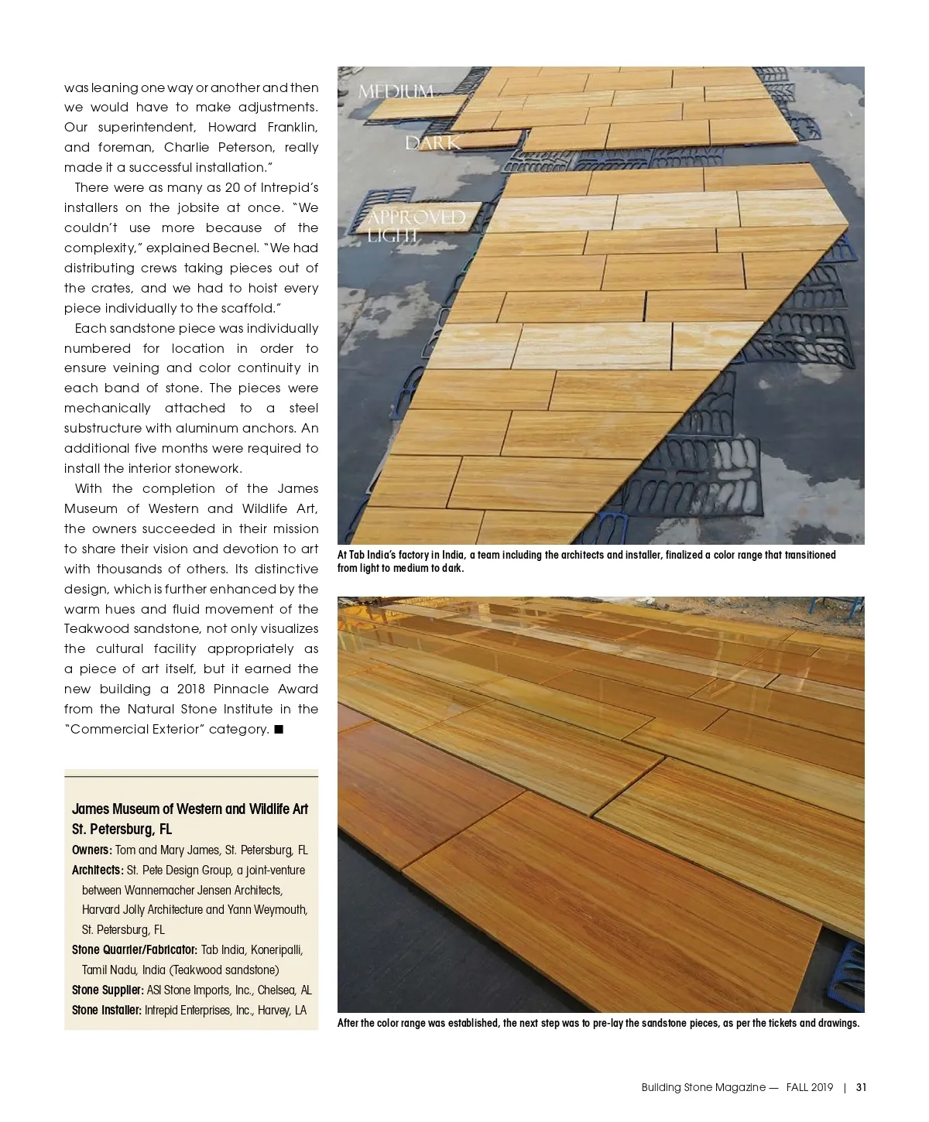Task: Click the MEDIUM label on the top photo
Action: coord(396,92)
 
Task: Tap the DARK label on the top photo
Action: coord(433,143)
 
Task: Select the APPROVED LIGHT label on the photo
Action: coord(416,225)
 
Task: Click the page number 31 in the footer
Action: coord(861,1087)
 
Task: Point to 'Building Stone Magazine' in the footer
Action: coord(703,1087)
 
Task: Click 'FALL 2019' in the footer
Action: coord(809,1087)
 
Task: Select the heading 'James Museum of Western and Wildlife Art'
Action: coord(190,809)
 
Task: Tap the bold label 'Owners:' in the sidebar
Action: coord(92,850)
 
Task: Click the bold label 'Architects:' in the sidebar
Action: coord(98,870)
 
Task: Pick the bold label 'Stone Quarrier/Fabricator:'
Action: coord(135,949)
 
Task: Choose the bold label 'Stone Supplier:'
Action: coord(108,990)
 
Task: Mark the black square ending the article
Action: coord(279,729)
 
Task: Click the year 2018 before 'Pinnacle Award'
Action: coord(190,689)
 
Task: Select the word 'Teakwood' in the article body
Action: coord(97,628)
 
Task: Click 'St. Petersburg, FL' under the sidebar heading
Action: coord(122,829)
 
